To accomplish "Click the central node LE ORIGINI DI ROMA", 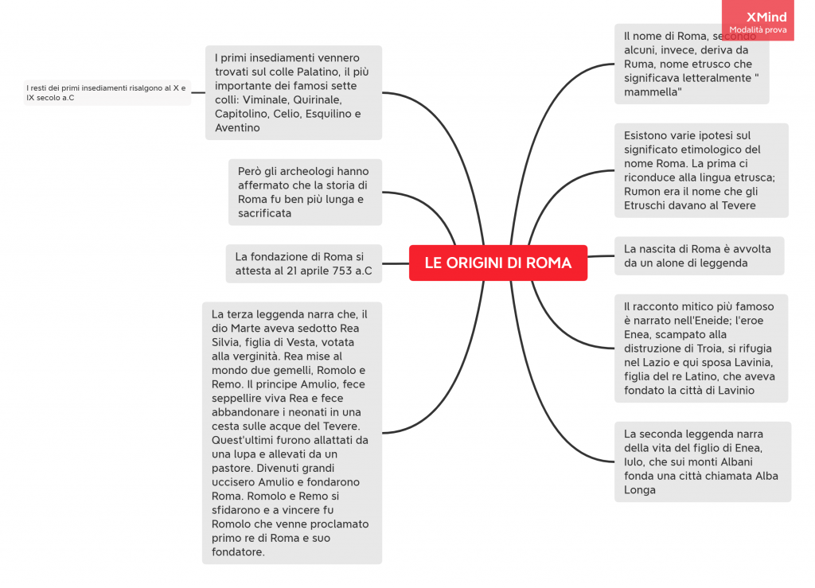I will (498, 263).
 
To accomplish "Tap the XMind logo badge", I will (758, 21).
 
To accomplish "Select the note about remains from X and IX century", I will (107, 92).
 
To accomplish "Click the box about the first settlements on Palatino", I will (293, 92).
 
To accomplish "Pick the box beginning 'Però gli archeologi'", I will (305, 192).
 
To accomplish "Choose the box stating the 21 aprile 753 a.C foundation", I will (303, 263).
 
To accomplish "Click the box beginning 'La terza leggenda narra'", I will (291, 432).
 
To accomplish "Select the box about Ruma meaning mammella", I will (692, 64).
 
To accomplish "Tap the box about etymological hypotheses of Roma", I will (701, 170).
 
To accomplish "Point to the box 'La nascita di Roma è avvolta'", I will (698, 255).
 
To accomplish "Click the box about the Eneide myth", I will (700, 348).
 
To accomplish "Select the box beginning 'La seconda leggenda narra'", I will (702, 461).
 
